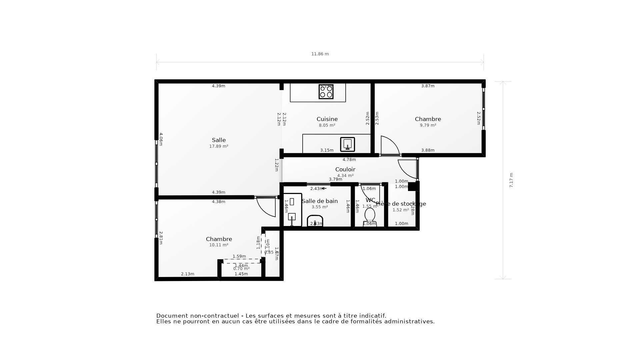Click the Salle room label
point(219,140)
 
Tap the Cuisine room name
point(327,119)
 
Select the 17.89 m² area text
point(219,146)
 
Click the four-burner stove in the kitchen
point(326,92)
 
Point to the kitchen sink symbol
point(347,144)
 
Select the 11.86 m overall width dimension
point(320,54)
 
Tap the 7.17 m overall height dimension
point(511,180)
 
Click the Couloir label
point(345,170)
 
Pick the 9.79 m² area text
point(428,125)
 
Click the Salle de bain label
point(320,201)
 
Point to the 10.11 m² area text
point(219,245)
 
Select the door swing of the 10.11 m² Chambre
point(267,207)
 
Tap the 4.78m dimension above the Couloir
point(349,160)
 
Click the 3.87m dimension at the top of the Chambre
point(428,86)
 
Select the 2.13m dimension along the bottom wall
point(187,274)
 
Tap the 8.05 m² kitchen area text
point(327,125)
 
